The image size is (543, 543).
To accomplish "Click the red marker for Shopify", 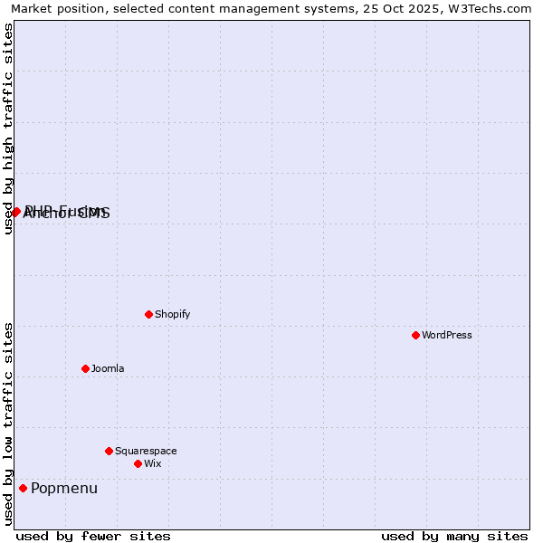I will click(148, 314).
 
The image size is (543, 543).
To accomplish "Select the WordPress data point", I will click(415, 335).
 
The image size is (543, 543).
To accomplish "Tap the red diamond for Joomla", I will click(85, 368).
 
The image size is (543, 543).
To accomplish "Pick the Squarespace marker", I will click(109, 451).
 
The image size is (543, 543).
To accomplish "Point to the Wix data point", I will click(138, 463).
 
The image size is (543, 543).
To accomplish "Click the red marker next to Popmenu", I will click(23, 488).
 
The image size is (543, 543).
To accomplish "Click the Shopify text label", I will click(172, 314).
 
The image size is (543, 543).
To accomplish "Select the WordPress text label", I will click(446, 335).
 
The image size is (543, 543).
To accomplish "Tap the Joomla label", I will click(108, 368).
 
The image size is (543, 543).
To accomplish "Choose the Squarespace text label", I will click(146, 451).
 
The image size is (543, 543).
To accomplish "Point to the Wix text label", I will click(152, 463).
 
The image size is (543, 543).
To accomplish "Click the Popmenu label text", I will click(63, 489).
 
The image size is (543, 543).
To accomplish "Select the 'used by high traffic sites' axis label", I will click(8, 129).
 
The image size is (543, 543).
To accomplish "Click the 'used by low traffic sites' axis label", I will click(8, 423).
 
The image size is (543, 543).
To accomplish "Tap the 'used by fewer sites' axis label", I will click(92, 536).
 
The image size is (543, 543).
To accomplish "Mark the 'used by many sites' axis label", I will click(454, 536).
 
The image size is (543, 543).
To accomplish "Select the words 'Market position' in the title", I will click(54, 9).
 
